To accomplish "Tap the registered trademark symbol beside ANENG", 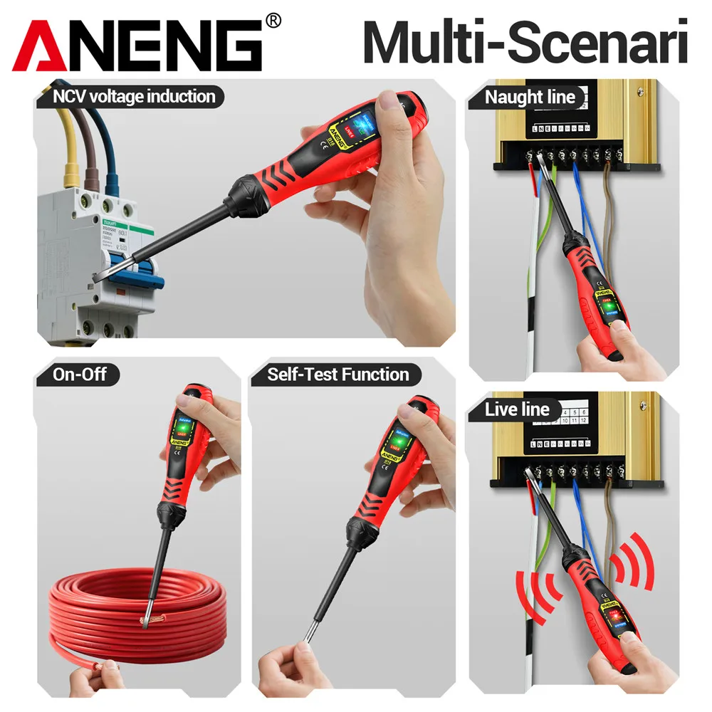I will pyautogui.click(x=272, y=21).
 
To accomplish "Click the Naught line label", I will pyautogui.click(x=530, y=98).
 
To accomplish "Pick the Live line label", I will pyautogui.click(x=517, y=409).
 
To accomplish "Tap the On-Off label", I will pyautogui.click(x=78, y=375).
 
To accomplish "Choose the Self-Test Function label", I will pyautogui.click(x=338, y=375).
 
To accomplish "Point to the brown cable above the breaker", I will pyautogui.click(x=90, y=157).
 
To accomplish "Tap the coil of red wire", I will pyautogui.click(x=135, y=605).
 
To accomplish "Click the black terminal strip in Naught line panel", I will pyautogui.click(x=570, y=153).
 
